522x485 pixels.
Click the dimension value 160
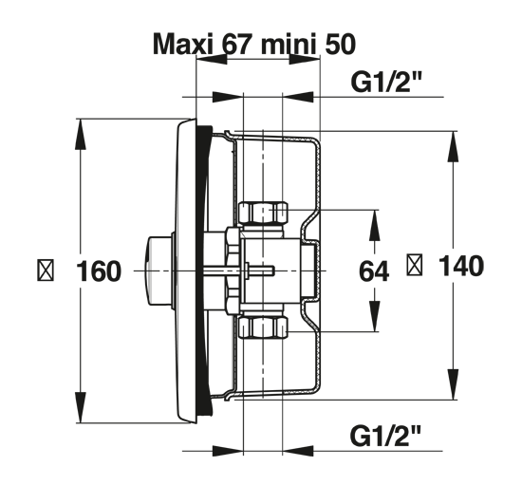[99, 271]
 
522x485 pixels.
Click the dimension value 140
[461, 266]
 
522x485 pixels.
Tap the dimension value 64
[374, 271]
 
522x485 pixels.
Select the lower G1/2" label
[385, 436]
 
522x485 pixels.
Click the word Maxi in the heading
[183, 44]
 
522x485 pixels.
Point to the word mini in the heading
[288, 44]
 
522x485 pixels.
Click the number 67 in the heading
[236, 44]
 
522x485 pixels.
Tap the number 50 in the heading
[340, 44]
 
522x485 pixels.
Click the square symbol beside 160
[46, 271]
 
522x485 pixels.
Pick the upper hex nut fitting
[263, 213]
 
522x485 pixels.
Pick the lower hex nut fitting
[263, 327]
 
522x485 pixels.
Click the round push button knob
[158, 270]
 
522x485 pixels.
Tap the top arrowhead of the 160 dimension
[81, 134]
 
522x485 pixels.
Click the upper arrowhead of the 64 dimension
[375, 225]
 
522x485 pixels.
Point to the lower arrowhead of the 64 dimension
[375, 316]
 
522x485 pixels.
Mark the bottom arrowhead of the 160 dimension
[81, 407]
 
